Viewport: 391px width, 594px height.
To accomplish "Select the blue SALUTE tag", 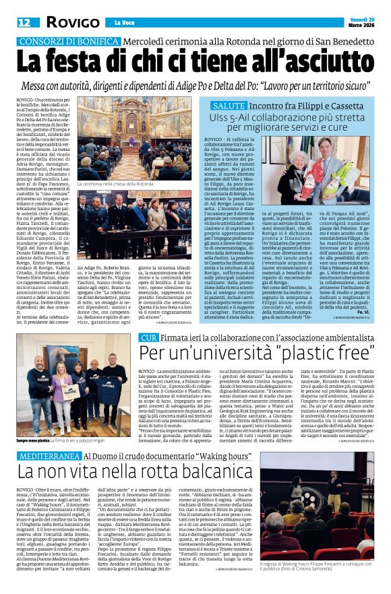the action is tap(229, 106).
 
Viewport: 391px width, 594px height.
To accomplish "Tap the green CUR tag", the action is tap(148, 337).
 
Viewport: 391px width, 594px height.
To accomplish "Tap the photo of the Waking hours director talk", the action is tap(319, 503).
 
